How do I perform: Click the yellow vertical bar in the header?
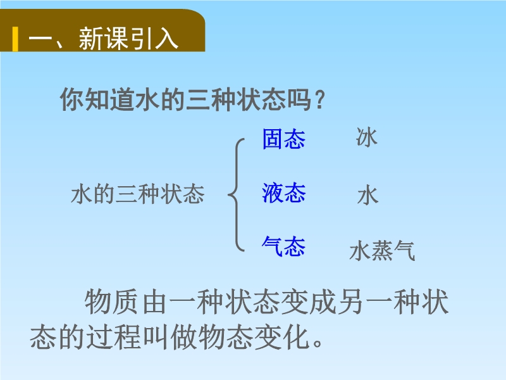(15, 39)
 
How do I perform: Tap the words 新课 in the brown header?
(102, 39)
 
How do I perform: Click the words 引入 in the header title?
(153, 39)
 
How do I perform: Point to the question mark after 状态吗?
(320, 100)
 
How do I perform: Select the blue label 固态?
(283, 139)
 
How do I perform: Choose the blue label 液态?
(283, 193)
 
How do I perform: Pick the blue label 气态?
(283, 246)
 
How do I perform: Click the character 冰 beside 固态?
(367, 137)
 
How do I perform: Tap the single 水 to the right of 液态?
(367, 196)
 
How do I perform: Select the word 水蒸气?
(382, 251)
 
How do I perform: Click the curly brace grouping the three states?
(237, 195)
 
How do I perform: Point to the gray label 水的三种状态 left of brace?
(138, 194)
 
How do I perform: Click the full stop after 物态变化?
(318, 343)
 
